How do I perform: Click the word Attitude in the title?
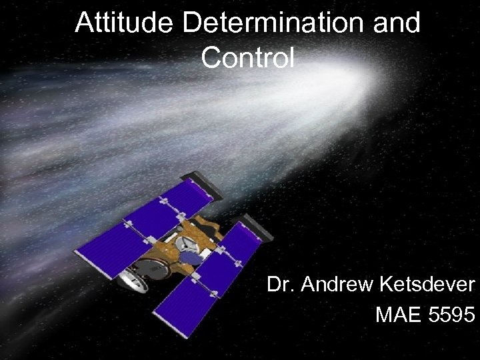(125, 23)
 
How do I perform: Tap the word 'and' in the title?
(397, 23)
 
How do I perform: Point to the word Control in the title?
(247, 58)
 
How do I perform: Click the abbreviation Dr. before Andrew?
(281, 285)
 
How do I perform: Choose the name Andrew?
(337, 285)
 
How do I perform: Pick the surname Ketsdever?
(427, 285)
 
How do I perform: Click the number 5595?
(450, 314)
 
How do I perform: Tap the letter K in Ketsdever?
(386, 285)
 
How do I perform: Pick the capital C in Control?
(210, 58)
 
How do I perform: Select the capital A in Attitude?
(84, 23)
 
